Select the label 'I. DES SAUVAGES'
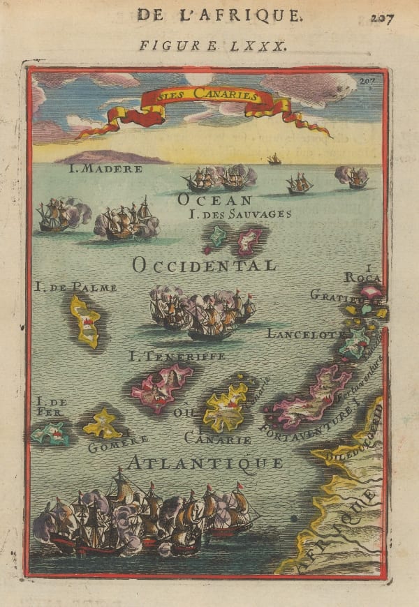(x=240, y=214)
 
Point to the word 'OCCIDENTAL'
(x=204, y=265)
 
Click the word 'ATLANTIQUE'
(x=205, y=463)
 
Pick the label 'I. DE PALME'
(x=75, y=287)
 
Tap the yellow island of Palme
(x=86, y=322)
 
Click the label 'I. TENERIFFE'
(x=177, y=357)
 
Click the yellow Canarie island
(x=225, y=410)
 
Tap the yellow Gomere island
(x=103, y=424)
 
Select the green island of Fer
(x=50, y=435)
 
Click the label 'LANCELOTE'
(x=305, y=334)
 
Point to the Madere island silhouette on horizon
(x=112, y=157)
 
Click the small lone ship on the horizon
(x=274, y=160)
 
